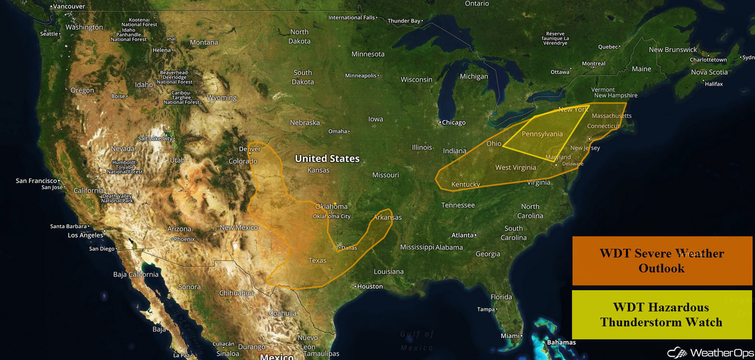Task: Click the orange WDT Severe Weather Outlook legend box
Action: (x=662, y=260)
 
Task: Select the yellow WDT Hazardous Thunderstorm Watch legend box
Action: (x=662, y=314)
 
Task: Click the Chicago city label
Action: (x=454, y=122)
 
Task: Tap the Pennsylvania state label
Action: (x=542, y=134)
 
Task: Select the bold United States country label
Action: (x=327, y=158)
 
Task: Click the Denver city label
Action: (x=249, y=149)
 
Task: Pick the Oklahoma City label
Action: (x=332, y=216)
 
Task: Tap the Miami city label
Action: (x=510, y=335)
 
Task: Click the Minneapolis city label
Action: (x=360, y=76)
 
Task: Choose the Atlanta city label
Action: (x=462, y=235)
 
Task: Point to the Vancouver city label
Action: (x=69, y=7)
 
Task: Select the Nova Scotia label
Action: (x=709, y=72)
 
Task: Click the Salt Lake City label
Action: (x=155, y=139)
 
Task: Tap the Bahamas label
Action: (x=561, y=342)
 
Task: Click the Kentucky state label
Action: (x=466, y=184)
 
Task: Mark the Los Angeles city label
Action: (x=85, y=235)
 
